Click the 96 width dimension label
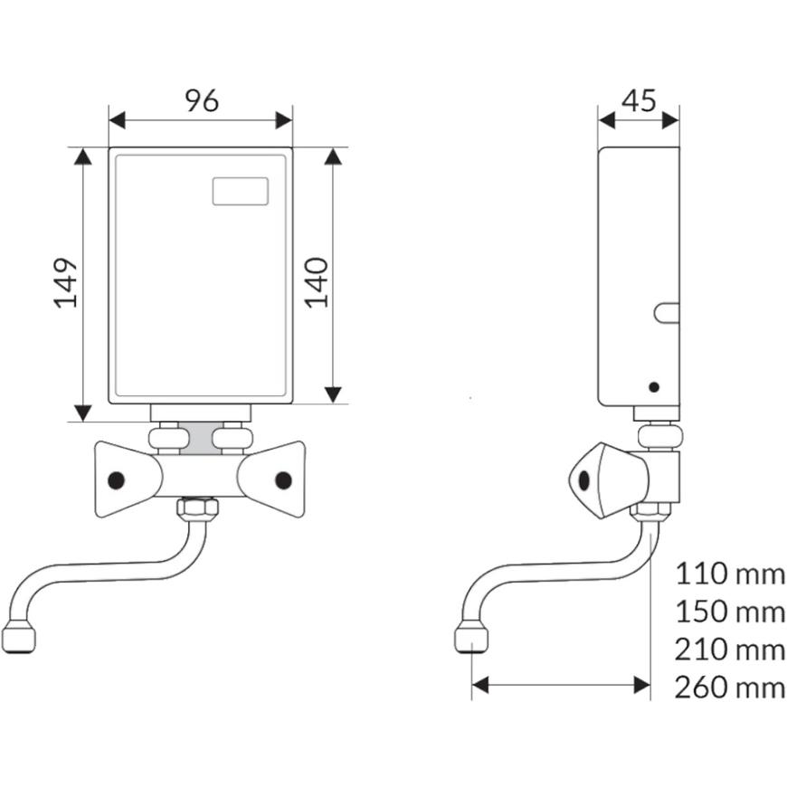click(202, 100)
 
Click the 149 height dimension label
click(66, 284)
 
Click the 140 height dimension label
click(316, 281)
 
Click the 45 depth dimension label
click(640, 100)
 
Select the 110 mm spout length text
click(730, 574)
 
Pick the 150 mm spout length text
click(730, 612)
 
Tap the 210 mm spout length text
click(730, 650)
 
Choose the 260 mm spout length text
click(730, 687)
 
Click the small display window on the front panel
click(240, 191)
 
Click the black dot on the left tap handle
click(116, 480)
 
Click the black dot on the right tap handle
click(284, 480)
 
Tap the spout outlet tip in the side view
click(470, 639)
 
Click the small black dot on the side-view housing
click(654, 387)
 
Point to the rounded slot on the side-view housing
click(666, 313)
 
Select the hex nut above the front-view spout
click(195, 510)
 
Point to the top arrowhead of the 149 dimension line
click(83, 157)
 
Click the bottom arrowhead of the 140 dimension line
click(333, 393)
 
